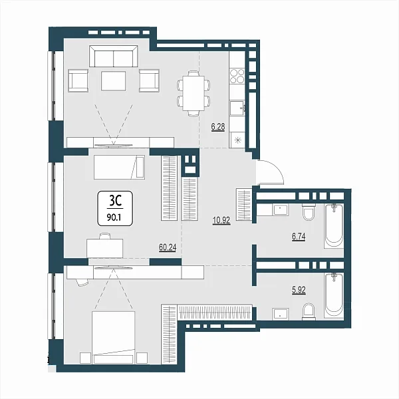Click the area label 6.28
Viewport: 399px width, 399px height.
(218, 126)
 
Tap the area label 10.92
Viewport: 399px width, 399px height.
(221, 220)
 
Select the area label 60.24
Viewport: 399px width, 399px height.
(168, 247)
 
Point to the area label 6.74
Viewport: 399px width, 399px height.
(299, 237)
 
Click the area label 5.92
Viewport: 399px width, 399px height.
(299, 290)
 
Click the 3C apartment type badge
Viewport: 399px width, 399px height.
(115, 208)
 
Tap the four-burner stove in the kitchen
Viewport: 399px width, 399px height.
(237, 76)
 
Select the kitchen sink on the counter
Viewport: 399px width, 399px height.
(237, 108)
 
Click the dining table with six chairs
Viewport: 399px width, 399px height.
(194, 93)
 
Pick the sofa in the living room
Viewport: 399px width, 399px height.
(114, 57)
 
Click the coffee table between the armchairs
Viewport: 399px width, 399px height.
(113, 81)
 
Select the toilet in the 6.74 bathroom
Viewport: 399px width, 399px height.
(309, 211)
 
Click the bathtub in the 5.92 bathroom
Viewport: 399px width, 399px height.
(334, 295)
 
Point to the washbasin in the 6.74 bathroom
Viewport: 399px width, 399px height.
(280, 209)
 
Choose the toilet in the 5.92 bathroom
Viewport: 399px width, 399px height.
(309, 311)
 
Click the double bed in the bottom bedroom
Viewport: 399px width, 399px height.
(113, 337)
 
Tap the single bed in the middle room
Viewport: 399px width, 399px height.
(119, 167)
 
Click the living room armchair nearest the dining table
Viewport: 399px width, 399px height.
(149, 80)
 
